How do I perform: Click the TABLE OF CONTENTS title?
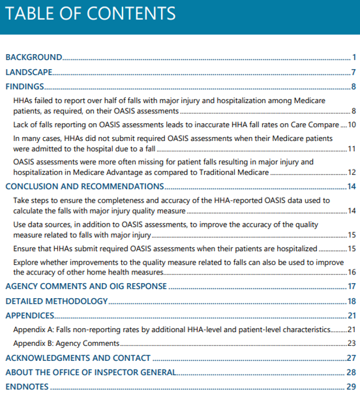90,14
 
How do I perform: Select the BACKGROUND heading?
34,58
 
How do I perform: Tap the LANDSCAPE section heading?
29,73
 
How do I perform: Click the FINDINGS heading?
25,87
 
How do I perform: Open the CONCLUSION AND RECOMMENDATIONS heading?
85,186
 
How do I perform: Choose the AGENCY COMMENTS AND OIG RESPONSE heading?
86,286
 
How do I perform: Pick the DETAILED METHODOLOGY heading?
56,301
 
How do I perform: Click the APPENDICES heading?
30,315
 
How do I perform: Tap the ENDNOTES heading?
27,387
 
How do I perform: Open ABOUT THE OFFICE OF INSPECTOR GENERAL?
91,372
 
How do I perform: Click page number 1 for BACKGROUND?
355,58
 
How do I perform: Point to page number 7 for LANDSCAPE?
354,73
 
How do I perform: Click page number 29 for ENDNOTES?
352,387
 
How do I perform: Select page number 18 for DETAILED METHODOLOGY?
352,301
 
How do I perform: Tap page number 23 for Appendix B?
352,344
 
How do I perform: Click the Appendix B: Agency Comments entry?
66,344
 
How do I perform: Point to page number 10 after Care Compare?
352,124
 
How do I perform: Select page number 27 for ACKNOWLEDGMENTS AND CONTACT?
352,358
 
